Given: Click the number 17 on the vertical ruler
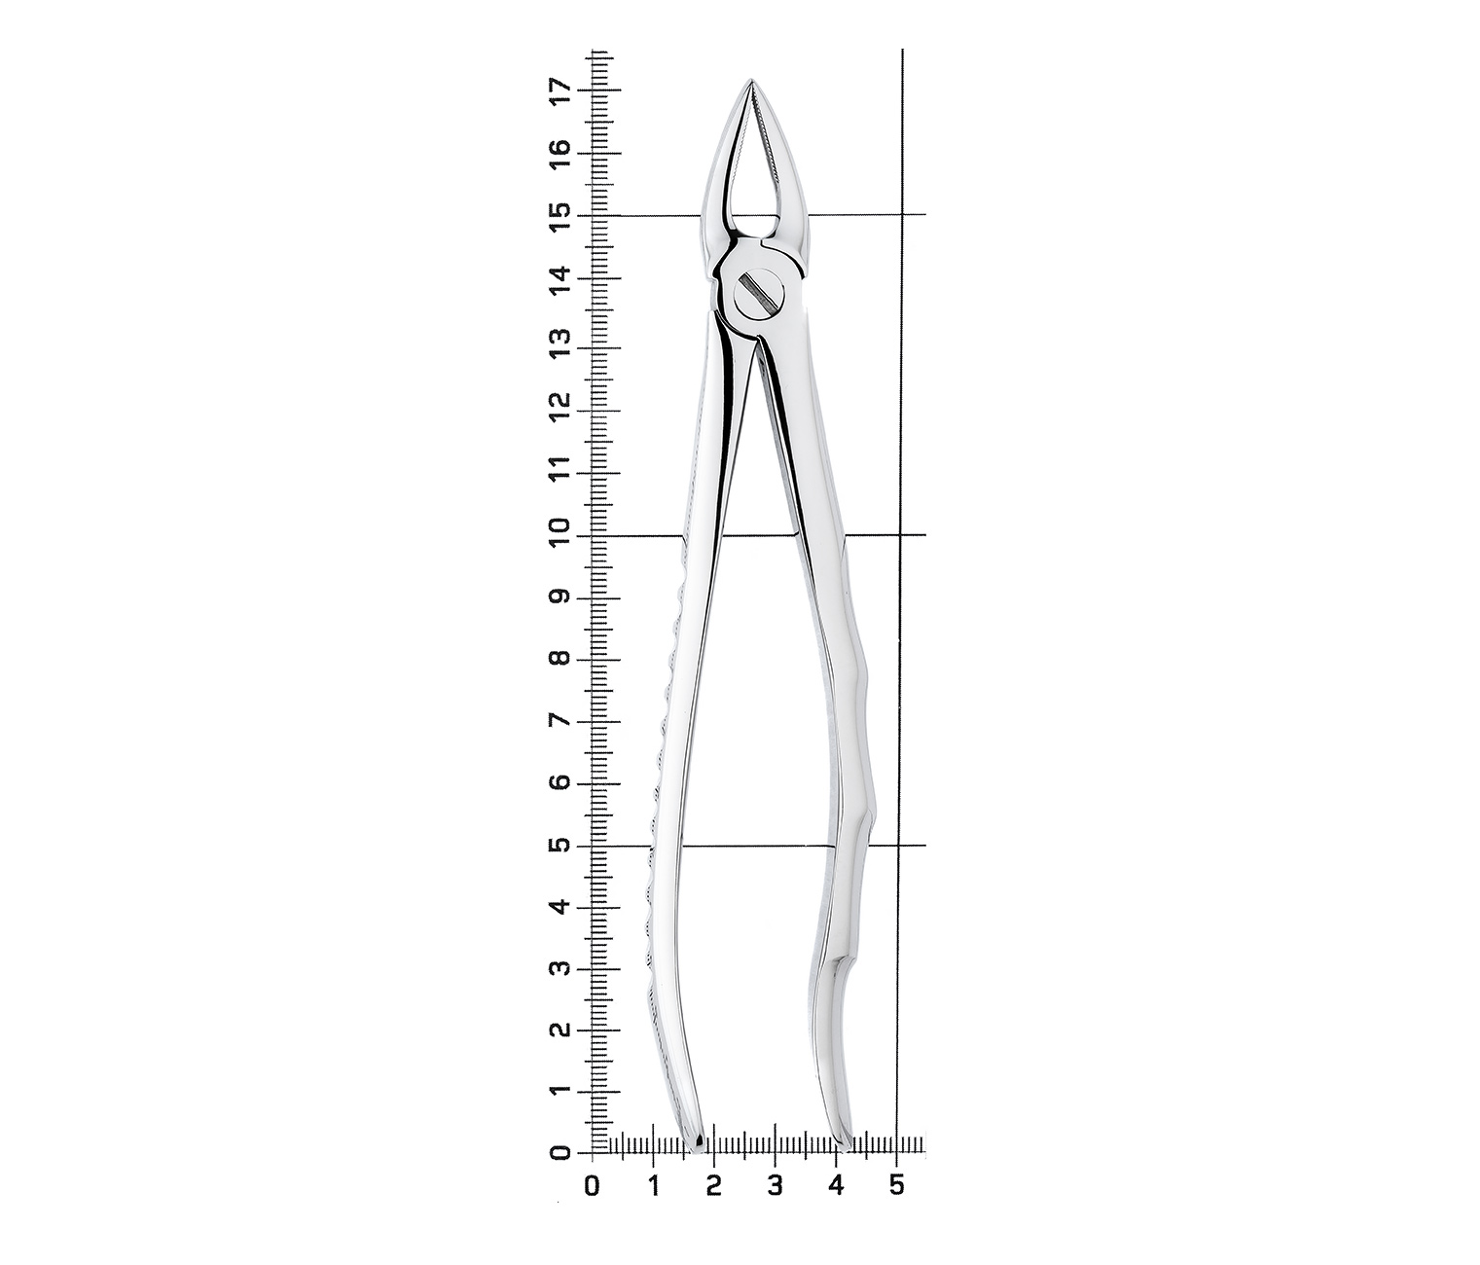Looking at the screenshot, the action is pyautogui.click(x=562, y=90).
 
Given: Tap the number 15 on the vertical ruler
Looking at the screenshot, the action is pyautogui.click(x=562, y=215).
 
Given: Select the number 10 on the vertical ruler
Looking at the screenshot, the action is pyautogui.click(x=562, y=535).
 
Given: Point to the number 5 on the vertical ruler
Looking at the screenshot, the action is pyautogui.click(x=562, y=845).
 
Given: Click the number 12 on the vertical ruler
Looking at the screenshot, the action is pyautogui.click(x=562, y=411).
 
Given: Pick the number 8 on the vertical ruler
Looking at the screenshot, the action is pyautogui.click(x=562, y=659).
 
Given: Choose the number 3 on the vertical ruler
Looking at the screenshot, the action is pyautogui.click(x=562, y=968).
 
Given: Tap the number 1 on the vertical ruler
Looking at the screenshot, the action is pyautogui.click(x=562, y=1093).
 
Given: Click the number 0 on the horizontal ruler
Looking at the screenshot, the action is pyautogui.click(x=592, y=1185).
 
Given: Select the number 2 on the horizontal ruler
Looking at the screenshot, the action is pyautogui.click(x=713, y=1185).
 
